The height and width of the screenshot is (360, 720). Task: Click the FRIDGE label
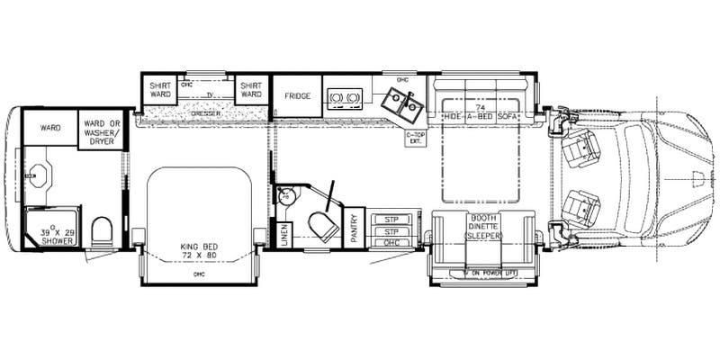298,94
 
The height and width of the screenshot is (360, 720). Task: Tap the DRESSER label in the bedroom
207,114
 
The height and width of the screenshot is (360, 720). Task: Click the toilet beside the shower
103,232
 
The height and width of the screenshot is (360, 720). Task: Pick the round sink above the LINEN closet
285,195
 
